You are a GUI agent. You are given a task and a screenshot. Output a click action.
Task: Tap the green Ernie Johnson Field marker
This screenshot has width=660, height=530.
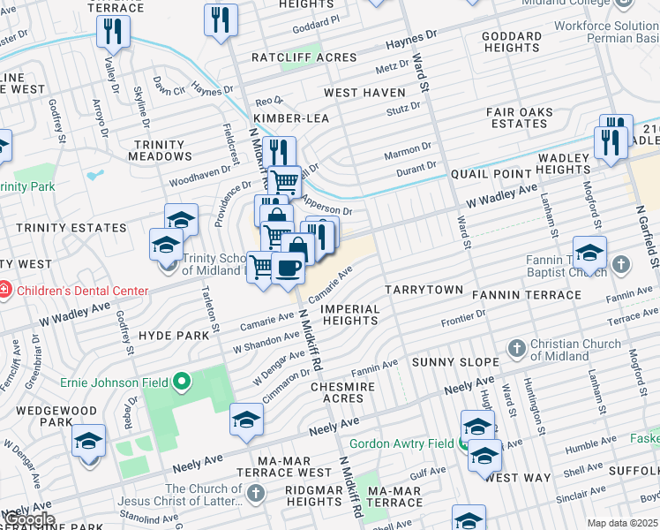click(182, 382)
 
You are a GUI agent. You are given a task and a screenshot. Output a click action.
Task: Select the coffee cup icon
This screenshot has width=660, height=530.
click(288, 266)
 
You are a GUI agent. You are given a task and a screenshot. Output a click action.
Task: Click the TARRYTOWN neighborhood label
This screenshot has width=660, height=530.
click(424, 290)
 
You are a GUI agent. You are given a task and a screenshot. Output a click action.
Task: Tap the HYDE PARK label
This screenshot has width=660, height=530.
click(174, 336)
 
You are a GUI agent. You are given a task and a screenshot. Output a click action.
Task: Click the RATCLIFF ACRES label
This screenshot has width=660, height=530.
click(304, 57)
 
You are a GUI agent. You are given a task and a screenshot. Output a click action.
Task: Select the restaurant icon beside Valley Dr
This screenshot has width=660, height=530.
click(113, 31)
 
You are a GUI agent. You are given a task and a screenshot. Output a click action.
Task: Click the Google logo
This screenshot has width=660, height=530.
click(28, 519)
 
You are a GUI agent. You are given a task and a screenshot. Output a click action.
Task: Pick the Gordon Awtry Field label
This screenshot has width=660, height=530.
click(401, 443)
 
